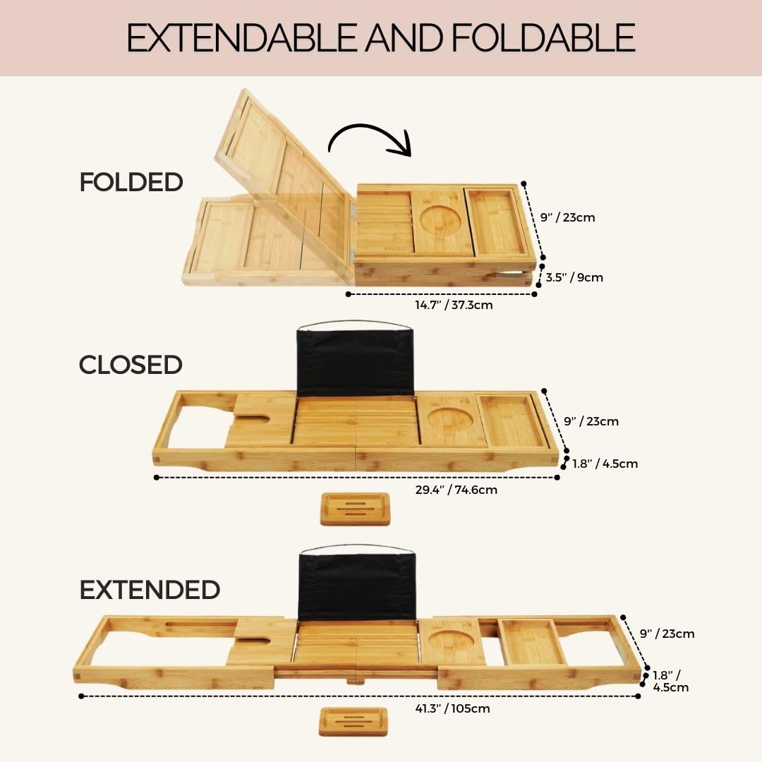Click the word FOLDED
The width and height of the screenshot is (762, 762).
[x=131, y=182]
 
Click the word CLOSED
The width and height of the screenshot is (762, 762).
[x=131, y=365]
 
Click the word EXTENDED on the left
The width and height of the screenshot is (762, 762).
[x=150, y=590]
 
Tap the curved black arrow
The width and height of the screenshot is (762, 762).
[x=370, y=138]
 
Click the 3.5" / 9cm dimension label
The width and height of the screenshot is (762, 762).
[x=574, y=277]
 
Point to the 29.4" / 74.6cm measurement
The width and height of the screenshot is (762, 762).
[x=456, y=490]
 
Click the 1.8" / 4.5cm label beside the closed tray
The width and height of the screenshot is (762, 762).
[x=605, y=464]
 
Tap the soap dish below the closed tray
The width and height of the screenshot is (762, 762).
[x=355, y=509]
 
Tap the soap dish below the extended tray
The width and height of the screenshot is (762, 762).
[x=353, y=721]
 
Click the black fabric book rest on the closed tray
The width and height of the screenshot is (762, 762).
[x=355, y=362]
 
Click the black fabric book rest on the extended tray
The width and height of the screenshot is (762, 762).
[x=357, y=586]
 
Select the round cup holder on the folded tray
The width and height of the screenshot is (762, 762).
[x=440, y=221]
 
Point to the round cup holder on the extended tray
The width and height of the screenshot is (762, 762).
[x=450, y=640]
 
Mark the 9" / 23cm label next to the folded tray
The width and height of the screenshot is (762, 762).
[x=568, y=217]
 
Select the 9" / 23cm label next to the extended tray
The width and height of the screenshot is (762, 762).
[x=667, y=634]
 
